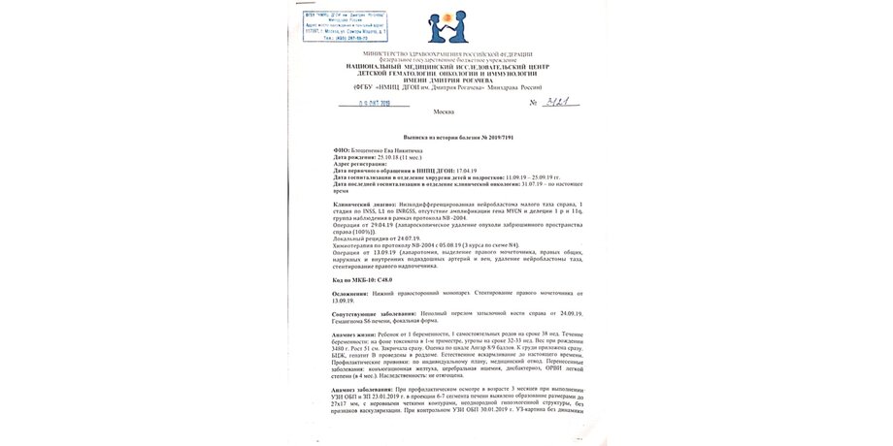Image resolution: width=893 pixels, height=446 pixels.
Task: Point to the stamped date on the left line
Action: tap(373, 103)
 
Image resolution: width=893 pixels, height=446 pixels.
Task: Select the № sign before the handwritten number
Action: tap(534, 102)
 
